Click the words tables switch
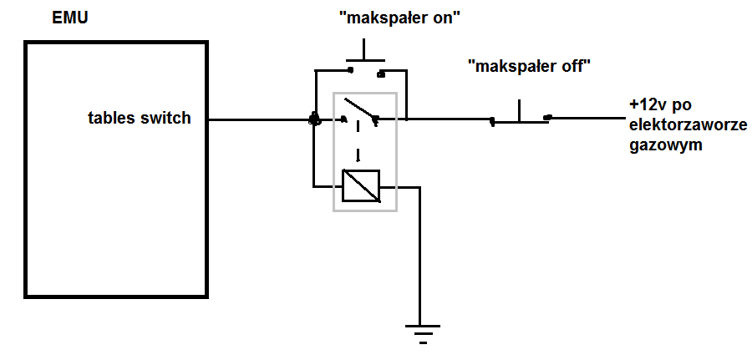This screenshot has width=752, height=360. coord(140,119)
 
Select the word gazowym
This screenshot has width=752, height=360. coord(666,145)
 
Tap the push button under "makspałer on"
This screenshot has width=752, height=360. coord(365,61)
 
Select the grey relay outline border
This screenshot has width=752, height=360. coord(335,150)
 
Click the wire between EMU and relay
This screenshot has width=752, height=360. coord(259,119)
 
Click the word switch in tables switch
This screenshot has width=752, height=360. coord(168,119)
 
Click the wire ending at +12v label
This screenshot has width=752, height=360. coord(585,117)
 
